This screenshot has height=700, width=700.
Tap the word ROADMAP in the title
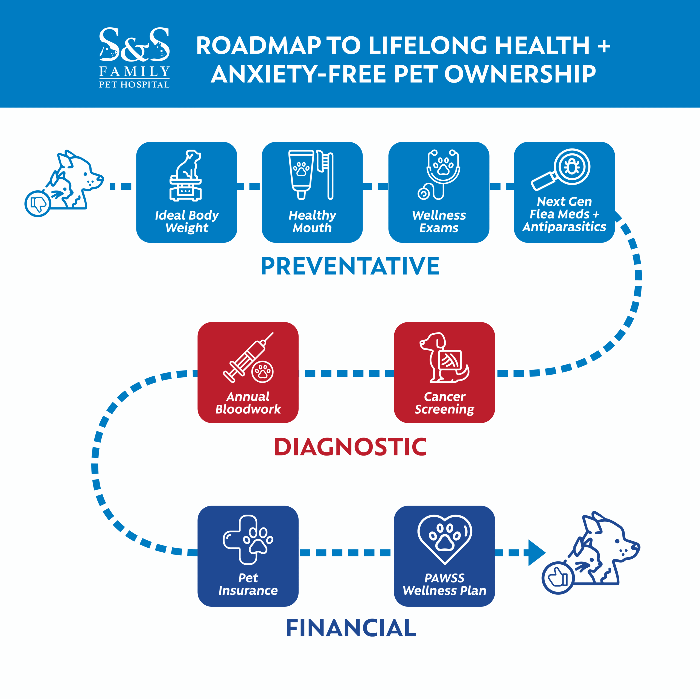[258, 46]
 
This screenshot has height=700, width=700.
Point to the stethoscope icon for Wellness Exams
[439, 174]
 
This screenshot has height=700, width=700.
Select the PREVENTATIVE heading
[350, 266]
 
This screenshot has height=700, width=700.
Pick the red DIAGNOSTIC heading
[350, 447]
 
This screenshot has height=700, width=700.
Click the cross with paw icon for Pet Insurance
[247, 539]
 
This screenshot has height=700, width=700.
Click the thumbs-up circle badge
[557, 577]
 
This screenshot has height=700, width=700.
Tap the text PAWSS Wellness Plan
[444, 584]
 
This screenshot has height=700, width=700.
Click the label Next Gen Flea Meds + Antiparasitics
[564, 214]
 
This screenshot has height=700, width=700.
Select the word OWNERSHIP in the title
[520, 74]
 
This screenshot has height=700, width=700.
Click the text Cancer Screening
[444, 403]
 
